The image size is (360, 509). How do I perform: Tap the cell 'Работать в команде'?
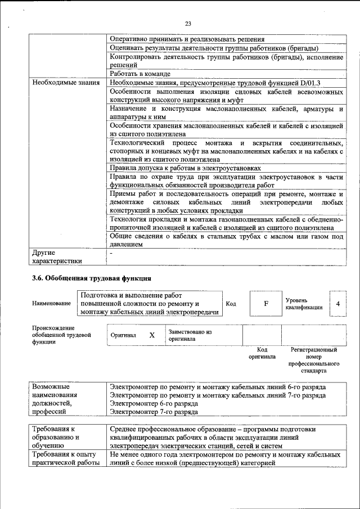[x=140, y=74]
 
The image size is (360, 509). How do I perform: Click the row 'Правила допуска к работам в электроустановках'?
[x=185, y=168]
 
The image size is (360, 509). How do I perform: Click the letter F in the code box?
[x=265, y=304]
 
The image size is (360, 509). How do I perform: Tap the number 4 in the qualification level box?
[x=337, y=304]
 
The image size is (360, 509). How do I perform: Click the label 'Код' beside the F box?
[x=231, y=304]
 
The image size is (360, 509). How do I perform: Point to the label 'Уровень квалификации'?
[x=304, y=304]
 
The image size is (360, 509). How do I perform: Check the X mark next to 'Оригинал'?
[x=151, y=335]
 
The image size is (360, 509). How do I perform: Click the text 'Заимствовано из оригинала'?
[x=190, y=335]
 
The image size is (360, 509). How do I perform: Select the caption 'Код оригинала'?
[x=262, y=353]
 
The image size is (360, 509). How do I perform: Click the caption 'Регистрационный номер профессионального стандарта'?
[x=313, y=360]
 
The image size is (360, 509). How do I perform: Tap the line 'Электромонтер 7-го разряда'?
[x=154, y=412]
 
